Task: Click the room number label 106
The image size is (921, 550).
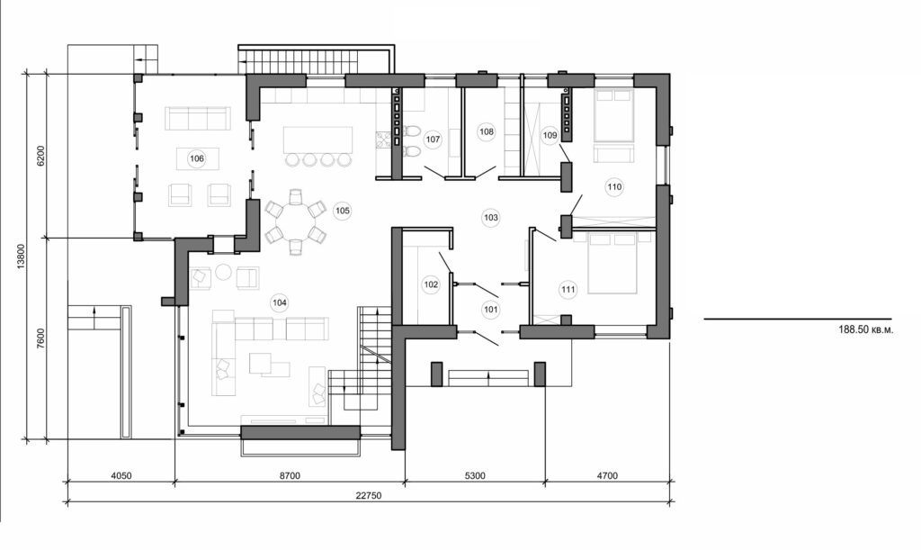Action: pyautogui.click(x=196, y=159)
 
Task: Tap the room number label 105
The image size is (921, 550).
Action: pyautogui.click(x=342, y=211)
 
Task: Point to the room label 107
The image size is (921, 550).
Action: pyautogui.click(x=433, y=140)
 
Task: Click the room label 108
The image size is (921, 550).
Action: pyautogui.click(x=487, y=131)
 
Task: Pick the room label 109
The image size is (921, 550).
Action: pyautogui.click(x=551, y=135)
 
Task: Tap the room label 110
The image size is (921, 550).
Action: pyautogui.click(x=614, y=187)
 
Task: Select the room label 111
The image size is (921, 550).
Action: pyautogui.click(x=568, y=289)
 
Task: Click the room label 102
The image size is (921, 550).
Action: pyautogui.click(x=431, y=284)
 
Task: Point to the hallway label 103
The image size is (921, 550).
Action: pyautogui.click(x=490, y=217)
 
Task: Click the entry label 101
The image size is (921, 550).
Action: pyautogui.click(x=490, y=309)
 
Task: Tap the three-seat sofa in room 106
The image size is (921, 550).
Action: pyautogui.click(x=197, y=118)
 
